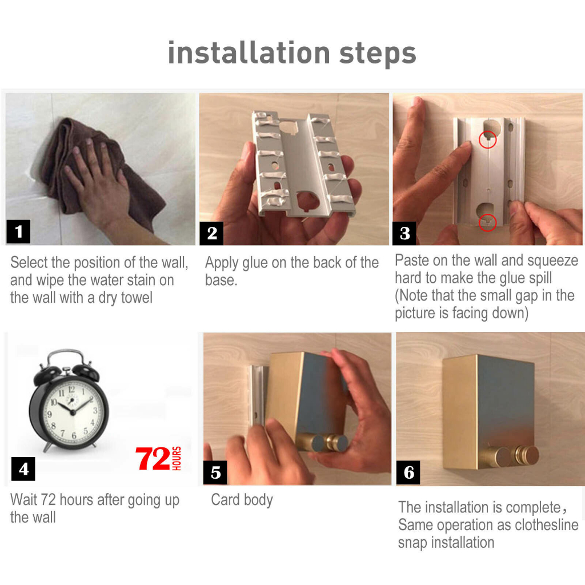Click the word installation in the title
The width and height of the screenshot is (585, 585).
coord(249,53)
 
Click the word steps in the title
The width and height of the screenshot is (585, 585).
coord(378,54)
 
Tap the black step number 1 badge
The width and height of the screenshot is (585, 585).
coord(18,231)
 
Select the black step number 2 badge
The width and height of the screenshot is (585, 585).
coord(211,233)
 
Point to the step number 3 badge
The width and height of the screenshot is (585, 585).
coord(404,233)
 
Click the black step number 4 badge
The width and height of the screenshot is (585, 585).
coord(23,468)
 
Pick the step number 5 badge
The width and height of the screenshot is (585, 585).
coord(215,472)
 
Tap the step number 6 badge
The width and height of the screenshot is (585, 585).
coord(408,472)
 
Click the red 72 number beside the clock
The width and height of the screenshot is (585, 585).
coord(153,459)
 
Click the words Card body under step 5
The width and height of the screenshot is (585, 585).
coord(242,500)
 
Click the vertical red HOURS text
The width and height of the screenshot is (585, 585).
coord(177,458)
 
